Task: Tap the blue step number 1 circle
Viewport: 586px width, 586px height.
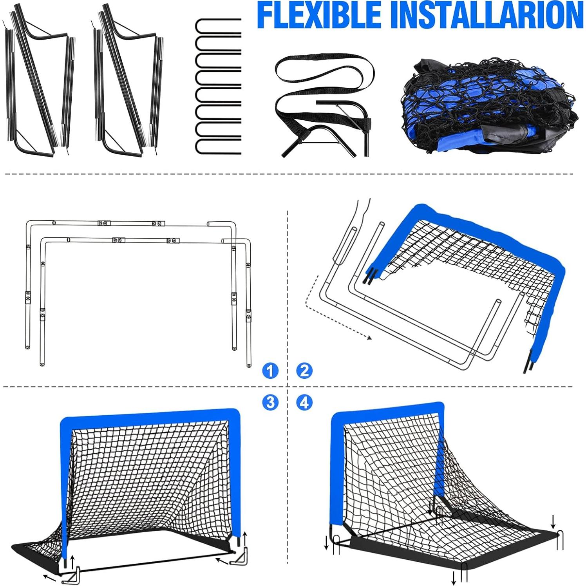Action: pos(270,371)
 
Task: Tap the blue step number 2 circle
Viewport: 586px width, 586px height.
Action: pos(305,371)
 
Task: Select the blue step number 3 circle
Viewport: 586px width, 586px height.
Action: pos(270,402)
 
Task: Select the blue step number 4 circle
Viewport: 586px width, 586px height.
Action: pos(305,402)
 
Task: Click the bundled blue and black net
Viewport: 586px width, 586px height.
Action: pos(490,108)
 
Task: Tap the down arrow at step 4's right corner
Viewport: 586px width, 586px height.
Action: pos(553,521)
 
